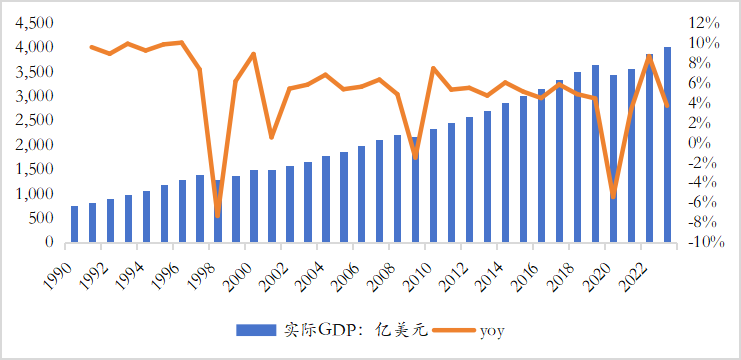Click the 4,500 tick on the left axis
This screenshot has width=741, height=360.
pyautogui.click(x=32, y=22)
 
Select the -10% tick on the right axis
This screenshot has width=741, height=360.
pyautogui.click(x=703, y=242)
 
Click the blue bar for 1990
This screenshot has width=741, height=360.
pyautogui.click(x=75, y=224)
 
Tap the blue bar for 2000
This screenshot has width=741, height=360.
pyautogui.click(x=255, y=206)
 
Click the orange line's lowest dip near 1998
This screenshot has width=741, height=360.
pyautogui.click(x=218, y=215)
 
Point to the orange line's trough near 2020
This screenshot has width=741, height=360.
pyautogui.click(x=613, y=197)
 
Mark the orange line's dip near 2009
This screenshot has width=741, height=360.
pyautogui.click(x=415, y=157)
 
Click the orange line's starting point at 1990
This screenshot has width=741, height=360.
pyautogui.click(x=92, y=47)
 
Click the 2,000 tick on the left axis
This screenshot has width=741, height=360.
pyautogui.click(x=32, y=144)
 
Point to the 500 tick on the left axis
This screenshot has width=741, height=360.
pyautogui.click(x=40, y=218)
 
